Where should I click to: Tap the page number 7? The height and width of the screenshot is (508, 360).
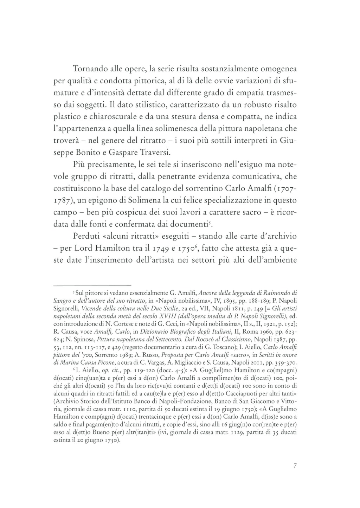295,466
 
